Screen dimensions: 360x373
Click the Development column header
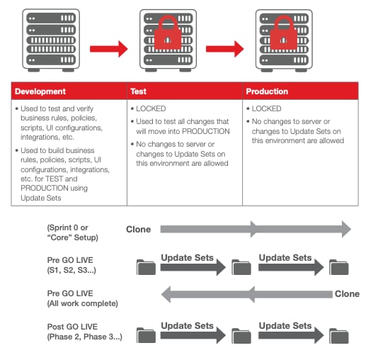tap(40, 91)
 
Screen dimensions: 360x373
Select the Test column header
tap(138, 91)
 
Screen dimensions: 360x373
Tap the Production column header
tap(268, 91)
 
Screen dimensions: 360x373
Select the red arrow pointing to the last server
tap(224, 49)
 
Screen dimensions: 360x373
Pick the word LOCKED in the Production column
tap(266, 109)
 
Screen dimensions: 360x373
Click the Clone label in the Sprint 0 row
tap(138, 229)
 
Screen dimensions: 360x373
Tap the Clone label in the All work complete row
tap(347, 293)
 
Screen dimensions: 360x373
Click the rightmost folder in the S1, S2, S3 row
tap(338, 266)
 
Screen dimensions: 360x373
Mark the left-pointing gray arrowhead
tap(168, 293)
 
